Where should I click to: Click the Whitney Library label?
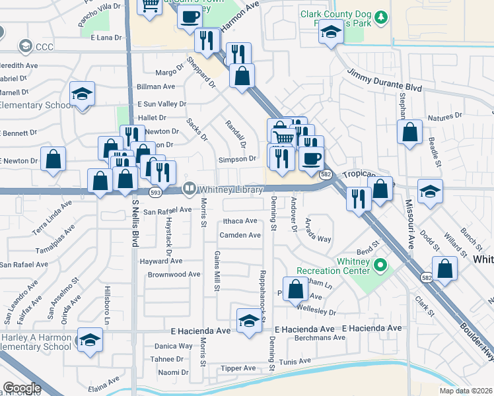tap(230, 189)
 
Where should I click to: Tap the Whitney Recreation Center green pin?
tap(380, 266)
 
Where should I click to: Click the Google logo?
tap(22, 388)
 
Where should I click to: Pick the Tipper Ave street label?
tap(238, 368)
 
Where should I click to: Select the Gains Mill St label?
tap(216, 271)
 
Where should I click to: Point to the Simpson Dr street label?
tap(238, 159)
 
